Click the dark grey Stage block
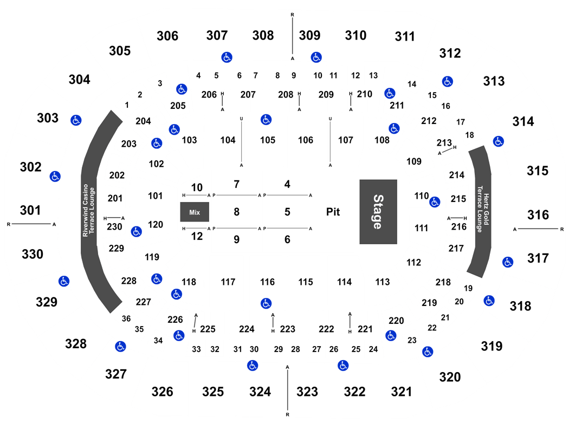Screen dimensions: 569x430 pos(378,212)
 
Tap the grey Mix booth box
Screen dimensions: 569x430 pos(195,212)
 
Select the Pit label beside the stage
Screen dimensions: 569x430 pos(333,212)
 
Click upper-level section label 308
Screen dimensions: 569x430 pos(263,36)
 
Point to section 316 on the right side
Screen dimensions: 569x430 pos(538,215)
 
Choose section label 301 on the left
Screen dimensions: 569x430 pos(30,210)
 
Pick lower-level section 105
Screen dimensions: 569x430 pos(268,140)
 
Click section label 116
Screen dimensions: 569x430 pos(268,282)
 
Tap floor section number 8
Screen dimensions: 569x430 pos(237,212)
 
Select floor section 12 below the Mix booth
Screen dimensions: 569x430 pos(197,236)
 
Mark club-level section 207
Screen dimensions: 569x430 pos(248,95)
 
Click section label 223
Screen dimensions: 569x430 pos(288,329)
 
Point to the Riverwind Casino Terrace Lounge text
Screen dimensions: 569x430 pos(88,210)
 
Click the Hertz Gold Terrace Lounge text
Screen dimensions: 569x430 pos(483,209)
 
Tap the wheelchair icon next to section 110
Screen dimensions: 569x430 pos(435,202)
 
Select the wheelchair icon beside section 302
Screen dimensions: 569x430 pos(55,177)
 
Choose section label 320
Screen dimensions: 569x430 pos(450,377)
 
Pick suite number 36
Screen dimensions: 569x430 pos(126,318)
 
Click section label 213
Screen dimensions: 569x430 pos(444,143)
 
